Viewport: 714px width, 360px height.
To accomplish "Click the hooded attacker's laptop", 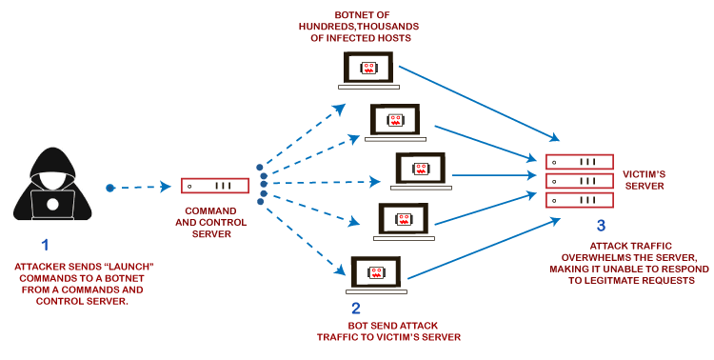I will point(52,203).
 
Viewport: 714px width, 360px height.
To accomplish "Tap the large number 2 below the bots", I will point(355,308).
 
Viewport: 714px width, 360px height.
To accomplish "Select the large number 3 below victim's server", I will point(600,226).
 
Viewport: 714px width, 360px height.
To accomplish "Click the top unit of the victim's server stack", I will point(579,161).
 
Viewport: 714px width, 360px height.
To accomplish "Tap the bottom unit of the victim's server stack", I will point(579,201).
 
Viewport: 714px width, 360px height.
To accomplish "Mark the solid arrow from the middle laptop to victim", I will point(490,175).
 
